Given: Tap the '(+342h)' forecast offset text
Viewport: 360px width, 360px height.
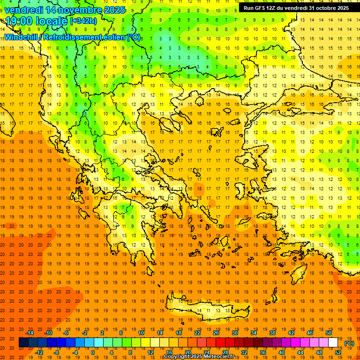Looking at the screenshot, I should (83, 21).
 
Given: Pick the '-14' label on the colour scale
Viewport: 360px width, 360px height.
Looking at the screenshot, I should (30, 333).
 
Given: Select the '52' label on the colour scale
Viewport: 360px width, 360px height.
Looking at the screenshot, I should (338, 352).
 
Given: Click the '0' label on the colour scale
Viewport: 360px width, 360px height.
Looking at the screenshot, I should (93, 352).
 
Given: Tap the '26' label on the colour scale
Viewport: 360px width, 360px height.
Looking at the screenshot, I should (216, 333).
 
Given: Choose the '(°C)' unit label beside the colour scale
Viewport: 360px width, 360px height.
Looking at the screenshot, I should (349, 343).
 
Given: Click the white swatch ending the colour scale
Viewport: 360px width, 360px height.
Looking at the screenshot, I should (333, 343).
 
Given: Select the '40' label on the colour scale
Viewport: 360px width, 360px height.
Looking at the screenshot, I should (282, 352).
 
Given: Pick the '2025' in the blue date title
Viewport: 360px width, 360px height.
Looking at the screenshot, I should (112, 9).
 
